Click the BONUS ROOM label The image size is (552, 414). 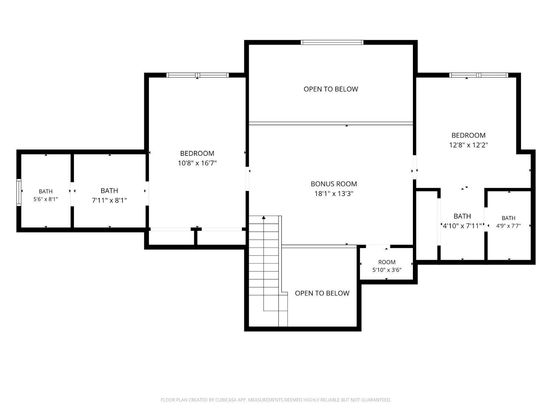point(334,184)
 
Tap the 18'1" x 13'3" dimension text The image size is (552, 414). point(334,194)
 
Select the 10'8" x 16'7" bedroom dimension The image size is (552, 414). point(197,163)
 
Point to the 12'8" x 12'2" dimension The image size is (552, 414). point(468,145)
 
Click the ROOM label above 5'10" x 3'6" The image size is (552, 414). point(387,262)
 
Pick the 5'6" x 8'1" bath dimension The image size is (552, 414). point(46,199)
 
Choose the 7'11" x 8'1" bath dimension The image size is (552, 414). point(109,200)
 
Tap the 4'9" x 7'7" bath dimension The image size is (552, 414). point(508,226)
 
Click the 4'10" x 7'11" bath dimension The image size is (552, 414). point(462,226)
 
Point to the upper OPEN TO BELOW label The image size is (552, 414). point(331,89)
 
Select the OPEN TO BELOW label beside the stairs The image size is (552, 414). point(322,293)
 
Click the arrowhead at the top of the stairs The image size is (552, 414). point(263,217)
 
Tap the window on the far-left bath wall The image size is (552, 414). point(19,192)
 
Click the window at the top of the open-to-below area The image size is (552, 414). point(332,42)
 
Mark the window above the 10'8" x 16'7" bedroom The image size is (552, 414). point(197,75)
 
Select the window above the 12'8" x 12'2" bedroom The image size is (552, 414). point(479,75)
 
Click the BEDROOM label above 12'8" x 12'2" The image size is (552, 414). point(468,135)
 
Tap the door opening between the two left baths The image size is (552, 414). point(72,194)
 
